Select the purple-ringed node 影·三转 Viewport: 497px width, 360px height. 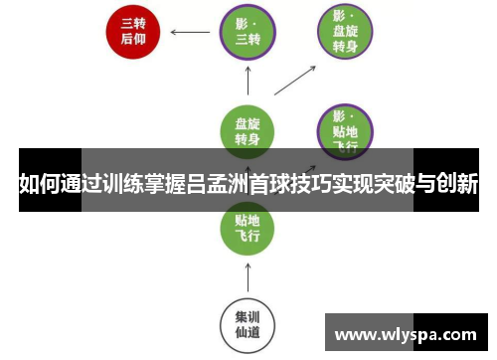coord(248,32)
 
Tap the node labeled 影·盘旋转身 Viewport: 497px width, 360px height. coord(345,32)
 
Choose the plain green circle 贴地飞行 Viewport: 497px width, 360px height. coord(248,226)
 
